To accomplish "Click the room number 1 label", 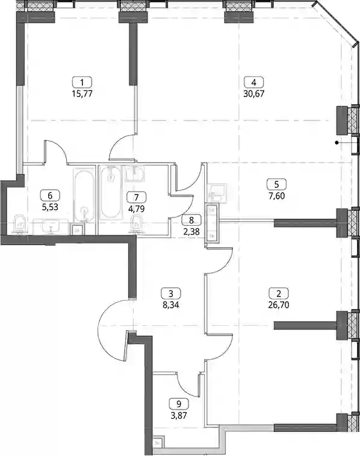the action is [82, 83].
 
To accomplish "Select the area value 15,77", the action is [82, 94].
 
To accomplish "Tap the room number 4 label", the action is [254, 83].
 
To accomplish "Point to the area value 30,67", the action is [254, 94].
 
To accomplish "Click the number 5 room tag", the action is [276, 184].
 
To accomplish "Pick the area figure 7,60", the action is [276, 196].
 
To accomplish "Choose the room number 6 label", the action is [50, 195].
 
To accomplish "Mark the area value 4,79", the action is [137, 208].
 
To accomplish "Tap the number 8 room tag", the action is [191, 220].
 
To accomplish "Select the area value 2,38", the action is [191, 232].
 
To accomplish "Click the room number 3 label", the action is [170, 293].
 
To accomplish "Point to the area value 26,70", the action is [279, 305].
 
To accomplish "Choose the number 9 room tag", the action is [179, 404].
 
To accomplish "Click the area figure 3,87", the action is [179, 415].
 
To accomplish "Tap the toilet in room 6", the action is [20, 224].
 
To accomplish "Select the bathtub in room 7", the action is [111, 192].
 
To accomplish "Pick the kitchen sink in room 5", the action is [217, 192].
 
